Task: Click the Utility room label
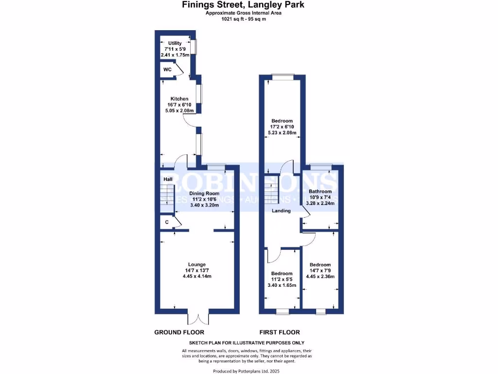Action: [x=175, y=43]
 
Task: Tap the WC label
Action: [x=167, y=70]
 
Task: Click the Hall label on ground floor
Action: [x=168, y=180]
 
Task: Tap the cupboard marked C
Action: [x=167, y=222]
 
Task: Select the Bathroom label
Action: [x=320, y=191]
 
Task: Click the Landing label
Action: [x=281, y=211]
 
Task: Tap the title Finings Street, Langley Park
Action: [x=243, y=5]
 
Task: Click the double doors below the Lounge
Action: [x=199, y=319]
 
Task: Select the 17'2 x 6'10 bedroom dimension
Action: [x=282, y=127]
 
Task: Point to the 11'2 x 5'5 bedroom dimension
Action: [x=282, y=280]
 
